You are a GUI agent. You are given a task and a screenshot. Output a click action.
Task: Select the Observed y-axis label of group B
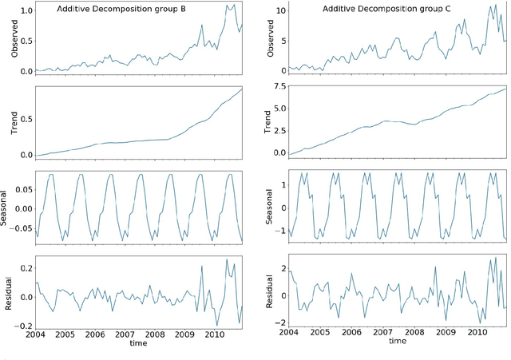(x=14, y=38)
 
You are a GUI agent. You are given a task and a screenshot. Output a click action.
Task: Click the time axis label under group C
(x=397, y=341)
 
